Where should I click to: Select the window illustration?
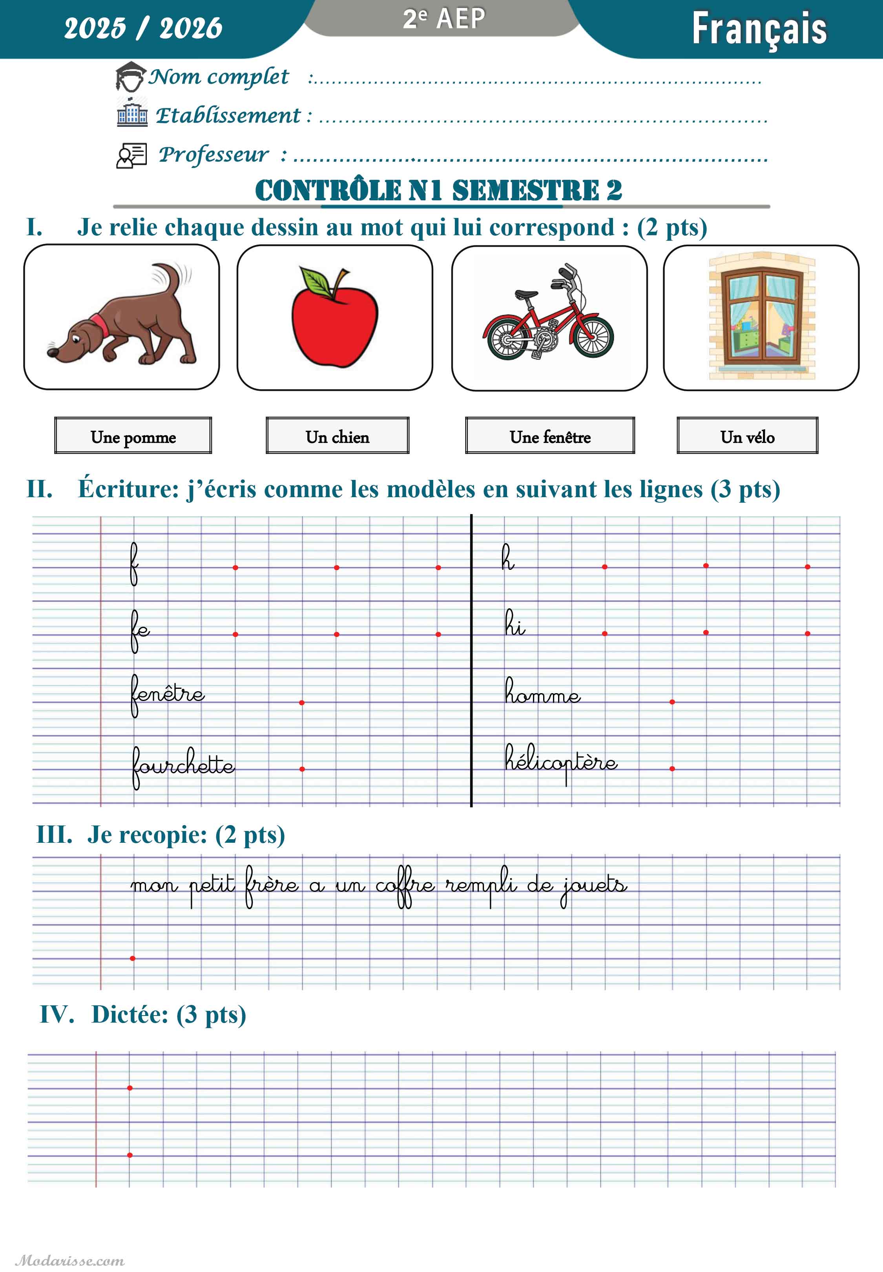click(x=761, y=317)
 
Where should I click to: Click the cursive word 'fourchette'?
click(x=182, y=765)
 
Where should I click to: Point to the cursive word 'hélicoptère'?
click(x=560, y=761)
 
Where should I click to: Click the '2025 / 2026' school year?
click(x=143, y=27)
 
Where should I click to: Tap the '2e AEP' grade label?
click(x=444, y=19)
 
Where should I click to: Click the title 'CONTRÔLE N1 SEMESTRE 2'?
click(x=438, y=190)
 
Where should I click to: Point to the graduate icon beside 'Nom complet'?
click(x=131, y=77)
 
